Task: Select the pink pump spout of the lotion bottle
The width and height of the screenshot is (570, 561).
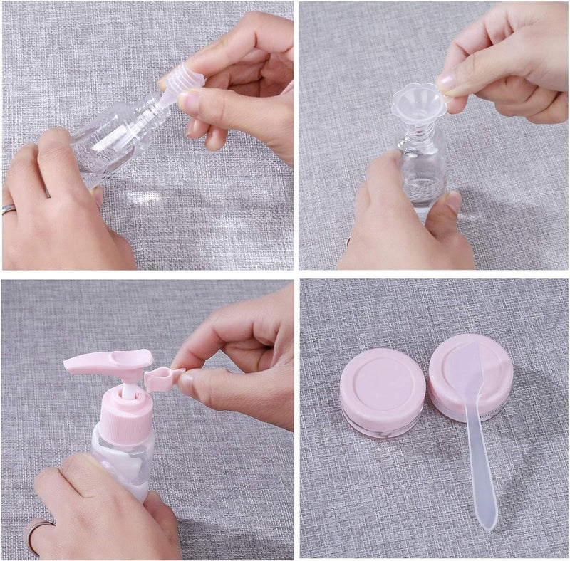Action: coord(107,361)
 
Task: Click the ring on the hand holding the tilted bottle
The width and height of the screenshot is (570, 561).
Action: coord(9,209)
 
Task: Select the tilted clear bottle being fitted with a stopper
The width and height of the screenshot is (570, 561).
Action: coord(118,135)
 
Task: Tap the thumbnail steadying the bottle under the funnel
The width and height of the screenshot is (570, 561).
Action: coord(454,201)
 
